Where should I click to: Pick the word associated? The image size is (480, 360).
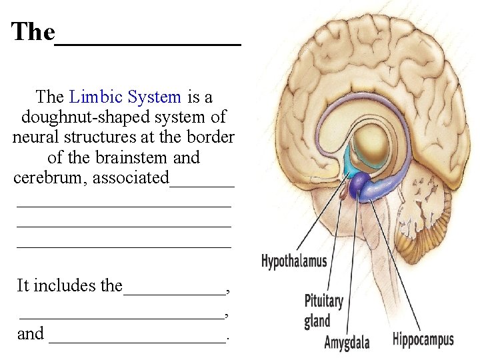[131, 178]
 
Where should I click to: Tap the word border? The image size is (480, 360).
[211, 138]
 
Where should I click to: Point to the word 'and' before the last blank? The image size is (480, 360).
[31, 333]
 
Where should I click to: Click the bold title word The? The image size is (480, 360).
[33, 31]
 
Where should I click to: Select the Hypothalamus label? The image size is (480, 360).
[294, 261]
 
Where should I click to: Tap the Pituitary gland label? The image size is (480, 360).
[323, 311]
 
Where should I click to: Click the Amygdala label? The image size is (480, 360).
[346, 343]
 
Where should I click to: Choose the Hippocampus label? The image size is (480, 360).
[423, 339]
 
